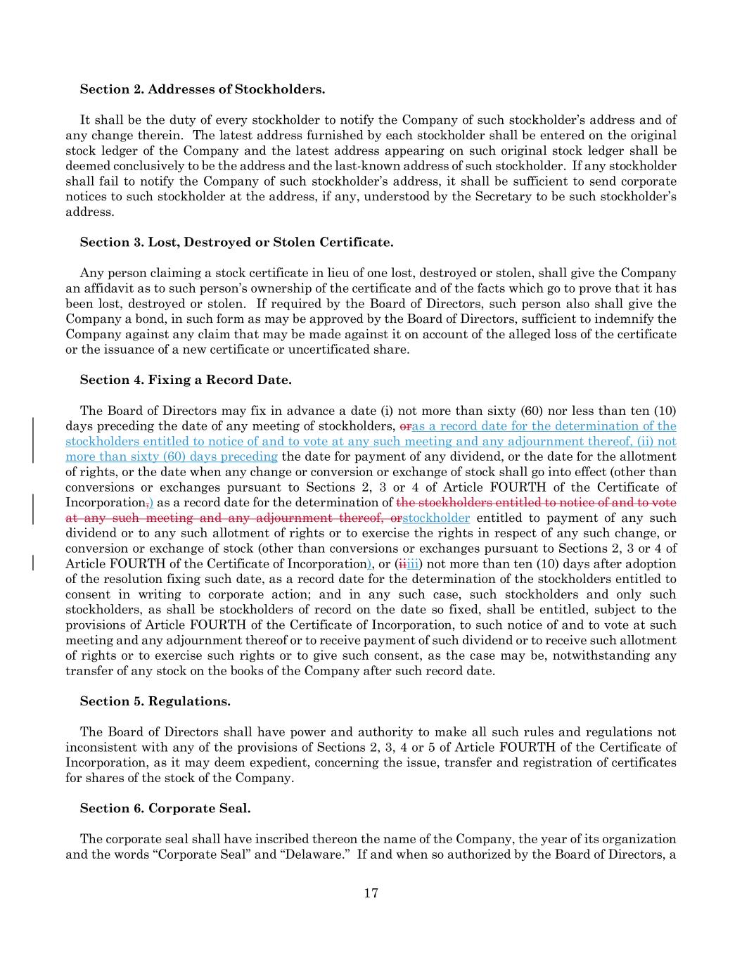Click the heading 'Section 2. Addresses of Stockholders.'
click(203, 89)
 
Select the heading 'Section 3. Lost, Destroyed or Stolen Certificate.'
click(236, 243)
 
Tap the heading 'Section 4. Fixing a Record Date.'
click(186, 380)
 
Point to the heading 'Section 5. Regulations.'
click(155, 702)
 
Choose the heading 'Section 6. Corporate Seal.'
click(165, 809)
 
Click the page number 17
click(371, 894)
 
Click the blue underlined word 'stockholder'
click(436, 518)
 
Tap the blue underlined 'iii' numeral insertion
click(412, 564)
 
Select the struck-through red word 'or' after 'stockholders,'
click(405, 426)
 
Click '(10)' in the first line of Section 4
click(665, 411)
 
